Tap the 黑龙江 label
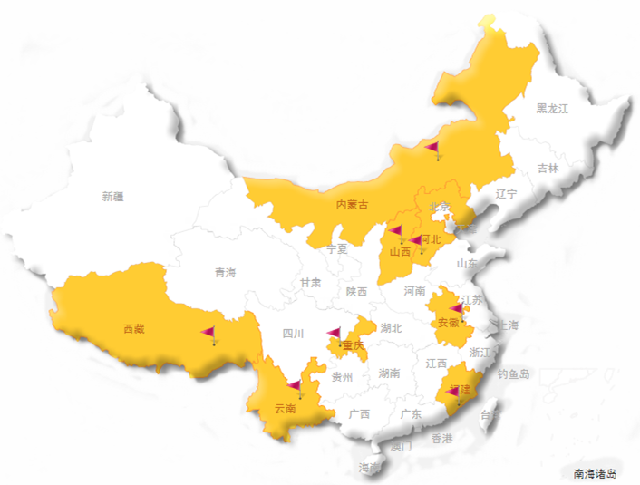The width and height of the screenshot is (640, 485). [551, 109]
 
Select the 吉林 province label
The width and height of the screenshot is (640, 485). [548, 169]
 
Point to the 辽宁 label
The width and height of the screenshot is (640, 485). [506, 194]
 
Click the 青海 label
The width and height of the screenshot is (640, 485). [225, 273]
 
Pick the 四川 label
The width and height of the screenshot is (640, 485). [293, 334]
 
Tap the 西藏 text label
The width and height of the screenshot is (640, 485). [133, 328]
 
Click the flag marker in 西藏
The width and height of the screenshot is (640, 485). [209, 335]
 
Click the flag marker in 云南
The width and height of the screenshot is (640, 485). [296, 389]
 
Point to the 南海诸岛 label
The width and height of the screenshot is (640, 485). [595, 473]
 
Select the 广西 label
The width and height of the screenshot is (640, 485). [359, 414]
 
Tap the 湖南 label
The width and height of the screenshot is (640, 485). [390, 373]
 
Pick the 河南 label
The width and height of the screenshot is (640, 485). [414, 291]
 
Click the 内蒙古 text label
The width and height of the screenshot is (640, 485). [353, 205]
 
